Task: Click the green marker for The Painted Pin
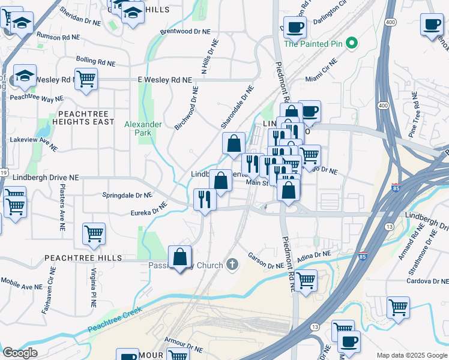(x=352, y=43)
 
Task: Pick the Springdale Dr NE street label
(x=127, y=195)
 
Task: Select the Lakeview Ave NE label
(x=34, y=143)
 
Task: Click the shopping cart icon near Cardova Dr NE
(x=399, y=307)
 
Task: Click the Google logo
(x=20, y=353)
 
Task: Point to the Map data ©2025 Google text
(x=411, y=355)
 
